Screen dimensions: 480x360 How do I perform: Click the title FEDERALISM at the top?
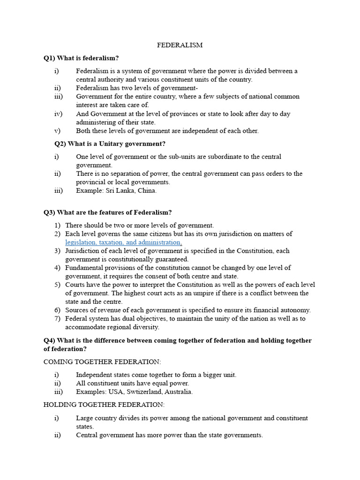[x=180, y=45]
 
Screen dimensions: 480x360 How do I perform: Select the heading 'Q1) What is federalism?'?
[x=81, y=58]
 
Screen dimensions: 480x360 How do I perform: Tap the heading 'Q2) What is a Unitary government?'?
[x=110, y=144]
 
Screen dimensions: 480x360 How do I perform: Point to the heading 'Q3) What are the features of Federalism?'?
[x=108, y=212]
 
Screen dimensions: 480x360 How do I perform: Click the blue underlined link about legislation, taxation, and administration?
[x=123, y=242]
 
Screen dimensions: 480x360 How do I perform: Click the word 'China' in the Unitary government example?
[x=147, y=191]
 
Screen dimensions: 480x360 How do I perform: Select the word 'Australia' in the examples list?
[x=179, y=392]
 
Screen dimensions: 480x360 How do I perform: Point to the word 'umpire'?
[x=189, y=293]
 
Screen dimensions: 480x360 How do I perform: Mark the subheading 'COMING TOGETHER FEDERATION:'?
[x=102, y=362]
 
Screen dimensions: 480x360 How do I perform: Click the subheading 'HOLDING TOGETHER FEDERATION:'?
[x=104, y=405]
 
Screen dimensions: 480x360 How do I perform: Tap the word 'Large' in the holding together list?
[x=85, y=418]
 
